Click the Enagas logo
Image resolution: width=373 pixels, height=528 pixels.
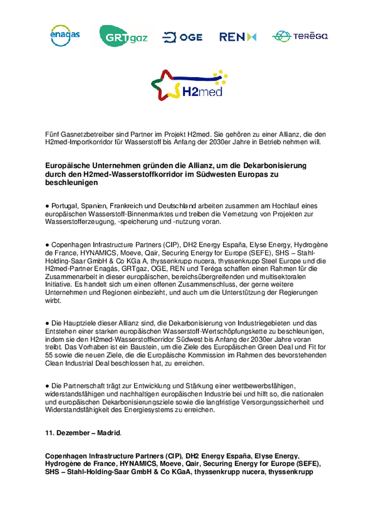pos(65,35)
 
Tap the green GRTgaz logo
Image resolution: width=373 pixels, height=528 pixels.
pos(123,36)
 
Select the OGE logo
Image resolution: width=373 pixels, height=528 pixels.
pos(182,37)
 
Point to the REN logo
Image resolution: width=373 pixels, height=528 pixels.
pos(238,37)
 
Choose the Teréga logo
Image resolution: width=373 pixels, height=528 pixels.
pos(300,36)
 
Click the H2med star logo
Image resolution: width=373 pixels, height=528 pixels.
pos(189,85)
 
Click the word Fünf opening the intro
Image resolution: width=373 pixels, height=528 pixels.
pos(52,134)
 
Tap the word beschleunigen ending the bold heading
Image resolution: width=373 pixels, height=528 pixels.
pos(71,183)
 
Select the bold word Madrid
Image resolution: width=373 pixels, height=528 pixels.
pos(108,433)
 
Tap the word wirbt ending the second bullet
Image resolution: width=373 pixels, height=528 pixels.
pos(53,301)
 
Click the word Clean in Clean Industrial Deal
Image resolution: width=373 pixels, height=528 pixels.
pos(54,363)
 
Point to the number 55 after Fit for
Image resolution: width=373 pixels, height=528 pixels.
pos(49,355)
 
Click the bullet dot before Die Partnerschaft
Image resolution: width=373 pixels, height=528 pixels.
pos(47,386)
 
